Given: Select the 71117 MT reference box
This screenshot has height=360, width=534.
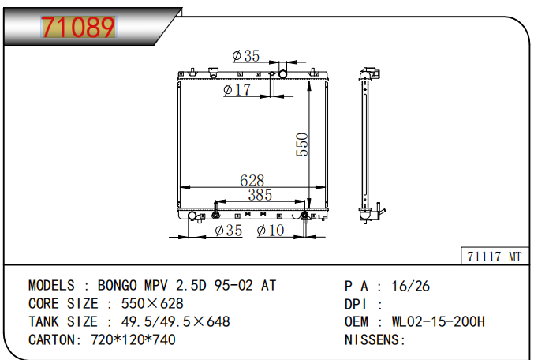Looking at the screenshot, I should pyautogui.click(x=494, y=257).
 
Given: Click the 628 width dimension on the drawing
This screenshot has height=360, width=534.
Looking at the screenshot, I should pyautogui.click(x=252, y=181).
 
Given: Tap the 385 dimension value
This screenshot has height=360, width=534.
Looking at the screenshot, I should pyautogui.click(x=260, y=194).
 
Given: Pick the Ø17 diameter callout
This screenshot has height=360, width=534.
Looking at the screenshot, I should pyautogui.click(x=237, y=91).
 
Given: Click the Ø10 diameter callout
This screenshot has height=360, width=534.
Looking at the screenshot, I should pyautogui.click(x=271, y=231).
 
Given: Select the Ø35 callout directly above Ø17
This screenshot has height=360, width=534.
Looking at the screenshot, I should pyautogui.click(x=246, y=56).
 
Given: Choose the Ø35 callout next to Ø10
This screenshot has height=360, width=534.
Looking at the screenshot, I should pyautogui.click(x=228, y=231).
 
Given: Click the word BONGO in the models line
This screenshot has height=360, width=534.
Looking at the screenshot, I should pyautogui.click(x=118, y=286).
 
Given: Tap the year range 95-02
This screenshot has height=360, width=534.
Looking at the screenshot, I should pyautogui.click(x=233, y=286).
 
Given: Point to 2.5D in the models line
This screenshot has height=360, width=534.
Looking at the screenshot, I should pyautogui.click(x=192, y=286).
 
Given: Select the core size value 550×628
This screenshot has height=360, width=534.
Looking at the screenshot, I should pyautogui.click(x=151, y=303).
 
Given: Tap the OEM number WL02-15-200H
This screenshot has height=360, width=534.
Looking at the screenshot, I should pyautogui.click(x=439, y=321).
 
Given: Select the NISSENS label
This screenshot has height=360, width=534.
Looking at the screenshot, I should pyautogui.click(x=375, y=339).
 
